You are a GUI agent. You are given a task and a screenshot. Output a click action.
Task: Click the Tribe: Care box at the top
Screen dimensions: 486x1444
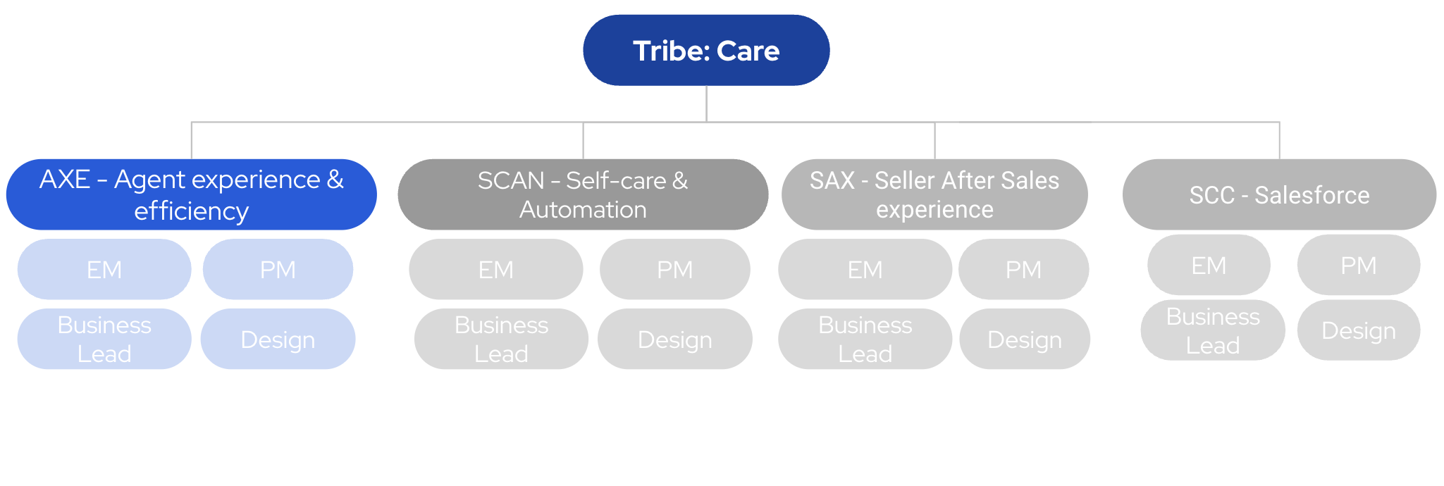[x=706, y=51]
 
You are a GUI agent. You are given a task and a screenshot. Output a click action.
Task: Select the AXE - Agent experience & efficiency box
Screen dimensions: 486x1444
[x=191, y=194]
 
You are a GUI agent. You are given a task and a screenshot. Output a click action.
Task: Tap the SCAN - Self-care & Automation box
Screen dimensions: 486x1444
[x=583, y=194]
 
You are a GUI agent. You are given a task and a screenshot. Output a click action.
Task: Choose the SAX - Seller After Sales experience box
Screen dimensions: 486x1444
[x=934, y=194]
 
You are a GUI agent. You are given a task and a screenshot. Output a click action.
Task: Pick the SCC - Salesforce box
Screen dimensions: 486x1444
[x=1279, y=194]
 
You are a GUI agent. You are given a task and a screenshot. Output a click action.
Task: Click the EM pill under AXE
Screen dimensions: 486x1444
[x=104, y=269]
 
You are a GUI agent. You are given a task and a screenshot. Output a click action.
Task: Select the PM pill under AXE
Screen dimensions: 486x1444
[x=278, y=269]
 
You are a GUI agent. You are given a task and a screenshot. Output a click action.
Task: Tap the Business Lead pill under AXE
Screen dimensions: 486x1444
[x=104, y=339]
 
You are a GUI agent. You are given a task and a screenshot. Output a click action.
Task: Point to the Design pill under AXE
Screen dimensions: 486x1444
[x=278, y=339]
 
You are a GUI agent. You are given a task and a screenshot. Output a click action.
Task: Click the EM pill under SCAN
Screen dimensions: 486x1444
[x=496, y=269]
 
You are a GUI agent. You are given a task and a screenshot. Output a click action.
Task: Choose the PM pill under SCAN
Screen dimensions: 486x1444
[x=675, y=269]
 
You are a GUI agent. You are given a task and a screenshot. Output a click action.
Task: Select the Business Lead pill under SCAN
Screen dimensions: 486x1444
[x=501, y=339]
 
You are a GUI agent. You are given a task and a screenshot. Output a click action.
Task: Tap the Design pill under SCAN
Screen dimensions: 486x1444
[x=675, y=339]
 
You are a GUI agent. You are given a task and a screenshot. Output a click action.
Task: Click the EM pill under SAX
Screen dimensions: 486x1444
[x=865, y=269]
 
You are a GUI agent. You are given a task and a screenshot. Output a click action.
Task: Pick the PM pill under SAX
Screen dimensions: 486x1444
[x=1023, y=269]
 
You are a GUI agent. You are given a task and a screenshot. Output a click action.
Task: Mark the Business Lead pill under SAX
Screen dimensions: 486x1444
[x=865, y=339]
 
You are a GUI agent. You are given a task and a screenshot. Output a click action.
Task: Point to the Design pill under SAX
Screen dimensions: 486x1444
[x=1025, y=339]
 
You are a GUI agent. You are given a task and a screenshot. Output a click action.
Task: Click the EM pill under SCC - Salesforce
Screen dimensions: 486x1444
[x=1209, y=265]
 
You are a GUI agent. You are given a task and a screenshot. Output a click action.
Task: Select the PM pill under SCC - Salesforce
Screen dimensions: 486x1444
[x=1359, y=265]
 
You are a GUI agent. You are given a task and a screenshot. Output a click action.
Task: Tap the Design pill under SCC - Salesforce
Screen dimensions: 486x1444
[x=1359, y=330]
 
